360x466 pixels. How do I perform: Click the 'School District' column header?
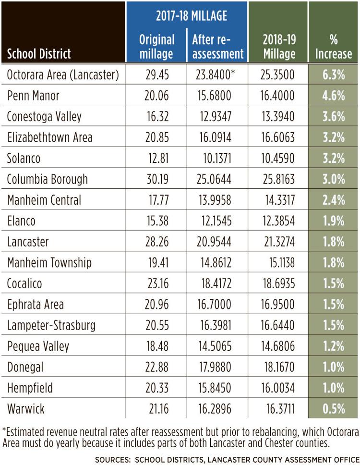click(39, 54)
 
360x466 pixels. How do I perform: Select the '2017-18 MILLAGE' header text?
click(192, 16)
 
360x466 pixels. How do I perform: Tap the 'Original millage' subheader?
click(156, 47)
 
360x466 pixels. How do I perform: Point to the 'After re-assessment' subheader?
click(218, 47)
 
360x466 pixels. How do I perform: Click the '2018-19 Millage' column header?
click(279, 47)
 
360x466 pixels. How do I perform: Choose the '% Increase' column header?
click(334, 47)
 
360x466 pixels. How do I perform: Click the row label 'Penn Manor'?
click(33, 96)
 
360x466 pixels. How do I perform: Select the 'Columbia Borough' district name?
click(48, 179)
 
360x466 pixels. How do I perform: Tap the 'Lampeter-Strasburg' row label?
click(51, 325)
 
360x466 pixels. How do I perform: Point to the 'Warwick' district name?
click(26, 409)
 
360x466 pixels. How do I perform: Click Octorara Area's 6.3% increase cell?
click(334, 75)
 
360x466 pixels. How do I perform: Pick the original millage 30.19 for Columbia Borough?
click(157, 179)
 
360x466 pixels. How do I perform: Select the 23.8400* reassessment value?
click(215, 75)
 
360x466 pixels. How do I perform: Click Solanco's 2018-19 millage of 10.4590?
click(278, 159)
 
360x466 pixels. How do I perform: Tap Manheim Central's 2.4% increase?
click(334, 200)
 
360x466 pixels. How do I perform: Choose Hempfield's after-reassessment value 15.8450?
click(215, 388)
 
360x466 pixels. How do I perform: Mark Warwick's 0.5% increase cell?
click(334, 409)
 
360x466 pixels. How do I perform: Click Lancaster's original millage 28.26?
click(157, 242)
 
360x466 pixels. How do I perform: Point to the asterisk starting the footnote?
click(4, 430)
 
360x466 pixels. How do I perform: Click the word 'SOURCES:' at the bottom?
click(113, 460)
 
